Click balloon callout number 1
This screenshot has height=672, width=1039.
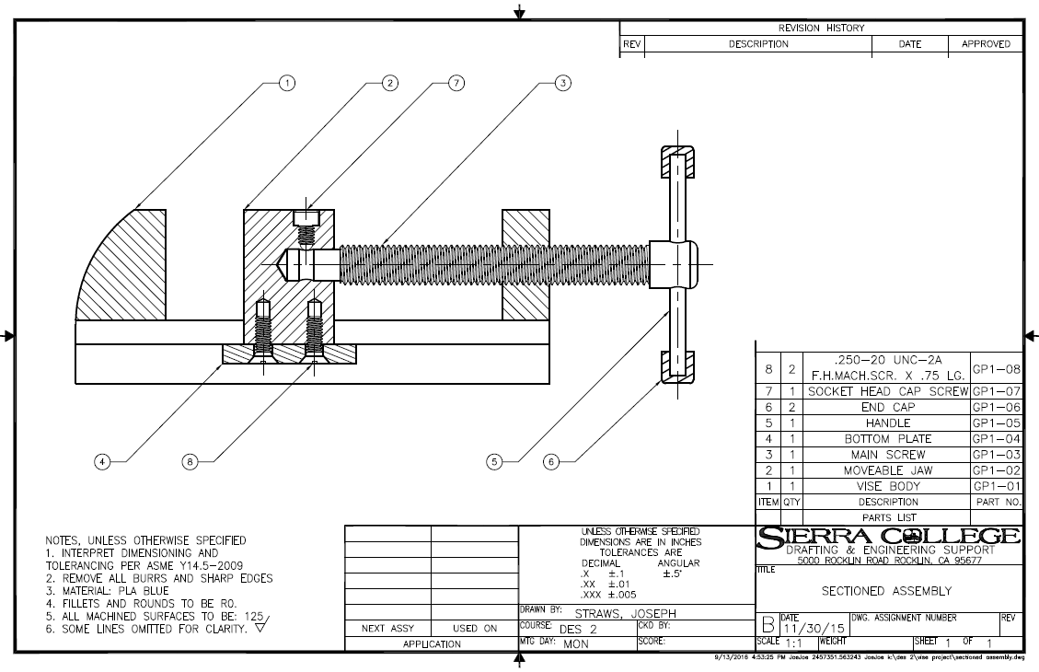[288, 83]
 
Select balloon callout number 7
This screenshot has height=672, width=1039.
[455, 83]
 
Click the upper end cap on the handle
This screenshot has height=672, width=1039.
[677, 162]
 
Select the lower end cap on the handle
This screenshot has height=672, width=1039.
[677, 366]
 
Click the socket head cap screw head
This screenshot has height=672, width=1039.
[305, 218]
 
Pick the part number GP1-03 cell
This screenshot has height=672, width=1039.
[997, 454]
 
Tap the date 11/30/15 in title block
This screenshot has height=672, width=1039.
[810, 628]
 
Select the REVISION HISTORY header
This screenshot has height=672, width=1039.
[821, 28]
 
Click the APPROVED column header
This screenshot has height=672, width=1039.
[986, 43]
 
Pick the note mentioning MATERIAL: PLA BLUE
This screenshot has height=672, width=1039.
[115, 590]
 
